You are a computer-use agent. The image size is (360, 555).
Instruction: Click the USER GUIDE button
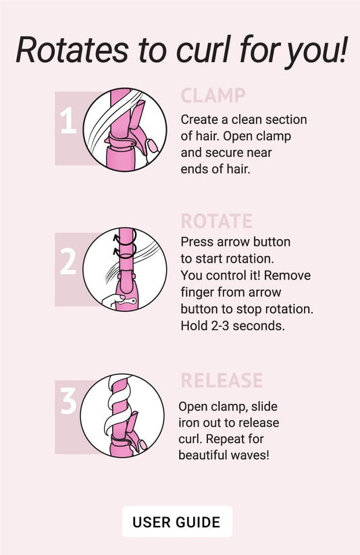[177, 521]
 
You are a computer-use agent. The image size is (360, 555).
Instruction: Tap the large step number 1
[68, 121]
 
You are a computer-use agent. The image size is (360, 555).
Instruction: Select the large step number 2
[68, 261]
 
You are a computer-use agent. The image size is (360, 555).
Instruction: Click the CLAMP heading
[213, 95]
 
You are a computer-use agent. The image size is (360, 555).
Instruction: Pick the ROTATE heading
[216, 221]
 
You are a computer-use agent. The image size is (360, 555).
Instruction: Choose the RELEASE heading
[222, 381]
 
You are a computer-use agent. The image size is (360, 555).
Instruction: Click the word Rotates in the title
[72, 49]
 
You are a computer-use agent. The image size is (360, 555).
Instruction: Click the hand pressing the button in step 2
[113, 300]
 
